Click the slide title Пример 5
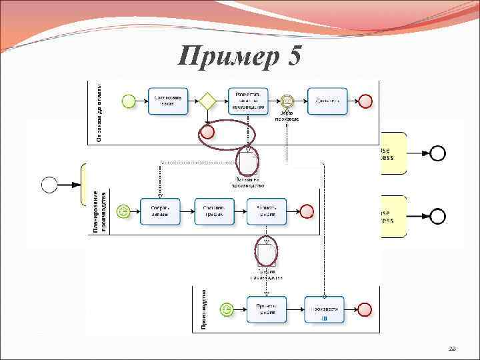pyautogui.click(x=240, y=56)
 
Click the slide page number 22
pyautogui.click(x=452, y=349)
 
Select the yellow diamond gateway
pyautogui.click(x=207, y=101)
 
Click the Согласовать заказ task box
pyautogui.click(x=168, y=101)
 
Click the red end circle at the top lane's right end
pyautogui.click(x=365, y=101)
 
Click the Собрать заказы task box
pyautogui.click(x=160, y=211)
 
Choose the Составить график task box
pyautogui.click(x=213, y=211)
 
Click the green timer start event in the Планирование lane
pyautogui.click(x=123, y=211)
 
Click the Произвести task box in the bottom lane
pyautogui.click(x=325, y=309)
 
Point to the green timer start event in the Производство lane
pyautogui.click(x=228, y=309)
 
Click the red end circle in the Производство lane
pyautogui.click(x=365, y=309)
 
